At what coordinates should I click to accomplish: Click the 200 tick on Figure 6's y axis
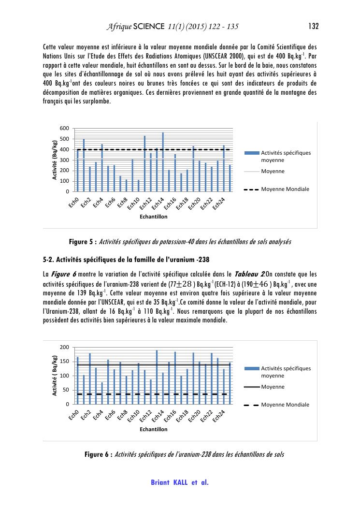point(64,348)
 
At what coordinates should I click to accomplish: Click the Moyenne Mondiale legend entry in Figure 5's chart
point(285,189)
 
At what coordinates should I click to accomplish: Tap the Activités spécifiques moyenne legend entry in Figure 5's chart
point(286,156)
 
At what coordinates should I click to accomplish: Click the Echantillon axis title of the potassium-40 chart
point(154,217)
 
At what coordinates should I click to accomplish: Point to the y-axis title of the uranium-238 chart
point(55,376)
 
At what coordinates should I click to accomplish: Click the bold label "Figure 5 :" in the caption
point(83,241)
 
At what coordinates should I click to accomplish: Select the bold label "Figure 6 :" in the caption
point(99,454)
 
